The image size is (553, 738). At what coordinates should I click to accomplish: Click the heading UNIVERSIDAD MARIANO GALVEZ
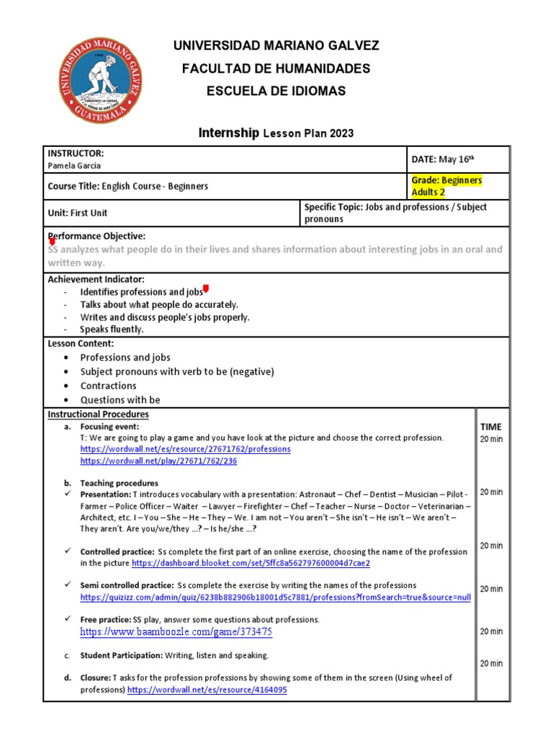pyautogui.click(x=276, y=46)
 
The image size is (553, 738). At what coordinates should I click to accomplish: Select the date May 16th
pyautogui.click(x=442, y=159)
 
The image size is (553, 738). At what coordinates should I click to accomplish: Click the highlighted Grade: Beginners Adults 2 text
pyautogui.click(x=446, y=186)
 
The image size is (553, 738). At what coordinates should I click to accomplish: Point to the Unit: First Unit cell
pyautogui.click(x=77, y=213)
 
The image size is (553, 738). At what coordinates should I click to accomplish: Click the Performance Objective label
pyautogui.click(x=96, y=236)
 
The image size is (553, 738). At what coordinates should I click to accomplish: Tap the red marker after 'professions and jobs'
pyautogui.click(x=206, y=290)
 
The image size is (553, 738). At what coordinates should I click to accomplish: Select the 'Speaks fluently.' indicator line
pyautogui.click(x=112, y=329)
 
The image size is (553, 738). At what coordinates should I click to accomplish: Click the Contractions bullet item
pyautogui.click(x=108, y=386)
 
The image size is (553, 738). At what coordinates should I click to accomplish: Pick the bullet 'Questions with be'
pyautogui.click(x=120, y=400)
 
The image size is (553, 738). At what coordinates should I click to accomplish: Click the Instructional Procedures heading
pyautogui.click(x=98, y=414)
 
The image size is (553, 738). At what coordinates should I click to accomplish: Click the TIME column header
pyautogui.click(x=490, y=427)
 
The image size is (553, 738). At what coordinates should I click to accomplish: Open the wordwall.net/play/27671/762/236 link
pyautogui.click(x=158, y=461)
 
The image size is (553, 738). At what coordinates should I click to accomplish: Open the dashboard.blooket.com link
pyautogui.click(x=251, y=563)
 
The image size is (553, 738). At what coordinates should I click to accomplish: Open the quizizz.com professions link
pyautogui.click(x=275, y=597)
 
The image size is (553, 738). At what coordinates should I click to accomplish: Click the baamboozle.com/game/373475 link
pyautogui.click(x=176, y=632)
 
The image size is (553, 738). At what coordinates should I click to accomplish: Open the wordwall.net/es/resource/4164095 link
pyautogui.click(x=207, y=690)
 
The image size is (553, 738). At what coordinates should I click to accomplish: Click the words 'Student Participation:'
pyautogui.click(x=121, y=655)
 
